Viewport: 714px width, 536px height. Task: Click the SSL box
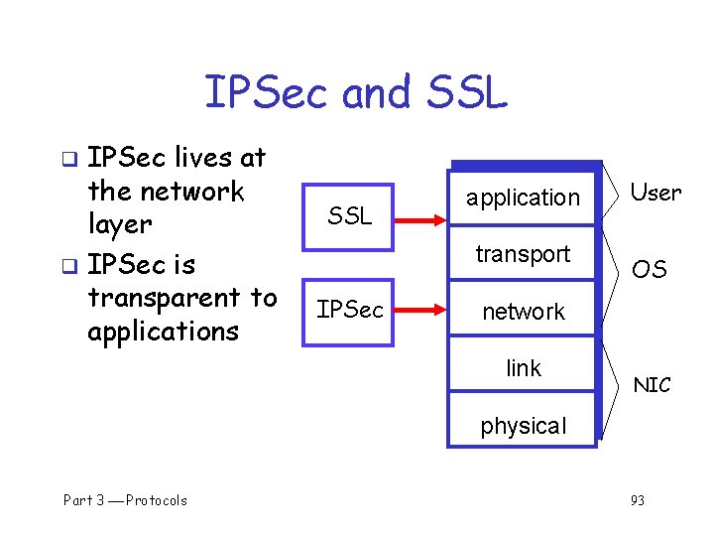point(348,214)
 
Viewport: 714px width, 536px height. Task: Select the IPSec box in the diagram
point(348,311)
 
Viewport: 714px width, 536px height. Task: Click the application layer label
point(523,198)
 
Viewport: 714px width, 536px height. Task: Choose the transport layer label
point(523,254)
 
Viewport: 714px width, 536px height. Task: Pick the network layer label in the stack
point(523,312)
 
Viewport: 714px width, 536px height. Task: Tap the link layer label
point(523,368)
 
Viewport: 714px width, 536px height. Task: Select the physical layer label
point(523,426)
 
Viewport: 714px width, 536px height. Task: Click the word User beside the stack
point(655,193)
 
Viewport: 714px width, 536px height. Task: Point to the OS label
point(650,269)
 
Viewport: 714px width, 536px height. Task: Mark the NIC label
point(652,385)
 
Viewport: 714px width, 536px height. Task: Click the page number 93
point(637,500)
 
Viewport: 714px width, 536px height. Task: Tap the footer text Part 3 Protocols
point(125,500)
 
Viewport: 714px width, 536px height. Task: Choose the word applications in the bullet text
point(163,331)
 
